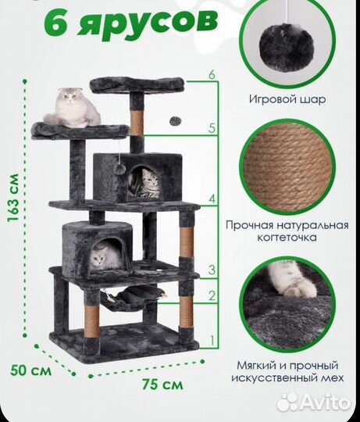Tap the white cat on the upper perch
77,108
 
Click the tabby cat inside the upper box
145,184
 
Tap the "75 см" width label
164,384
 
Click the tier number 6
211,74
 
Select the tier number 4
211,199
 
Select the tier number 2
211,295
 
